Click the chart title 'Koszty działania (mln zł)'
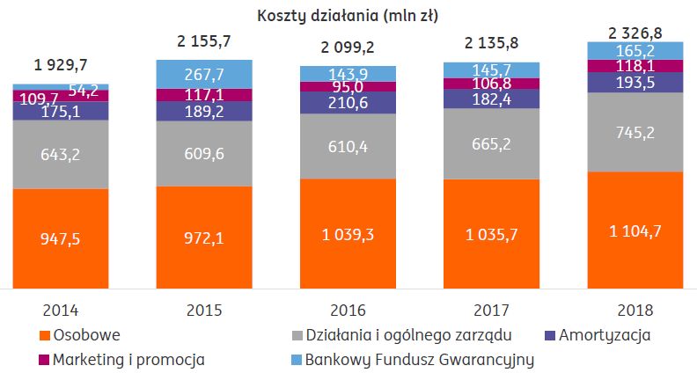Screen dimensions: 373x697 [349, 14]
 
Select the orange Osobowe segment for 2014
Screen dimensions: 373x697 [61, 238]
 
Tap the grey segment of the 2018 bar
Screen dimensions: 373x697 [635, 132]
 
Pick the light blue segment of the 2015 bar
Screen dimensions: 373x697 [203, 74]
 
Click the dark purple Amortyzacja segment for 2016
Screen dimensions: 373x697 [348, 103]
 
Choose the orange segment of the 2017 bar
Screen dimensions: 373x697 [491, 233]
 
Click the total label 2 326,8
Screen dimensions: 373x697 [635, 33]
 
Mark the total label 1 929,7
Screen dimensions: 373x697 [61, 63]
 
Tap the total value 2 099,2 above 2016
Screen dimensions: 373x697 [348, 49]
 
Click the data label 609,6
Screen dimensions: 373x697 [203, 152]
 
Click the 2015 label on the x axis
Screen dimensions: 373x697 [203, 310]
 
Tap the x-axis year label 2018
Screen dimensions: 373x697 [635, 310]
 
